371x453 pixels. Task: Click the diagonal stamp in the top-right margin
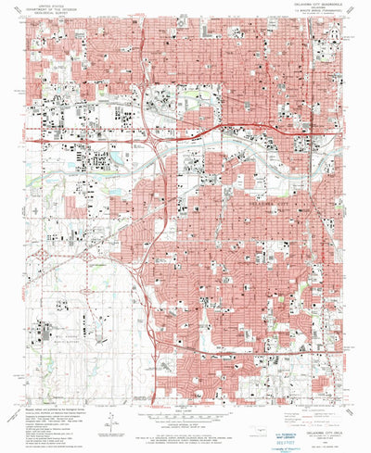[x=356, y=11]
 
